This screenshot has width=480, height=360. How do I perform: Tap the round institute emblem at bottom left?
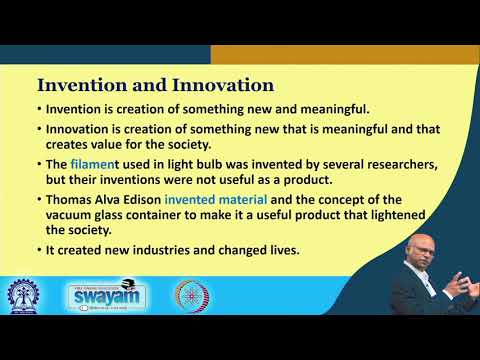pyautogui.click(x=25, y=297)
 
